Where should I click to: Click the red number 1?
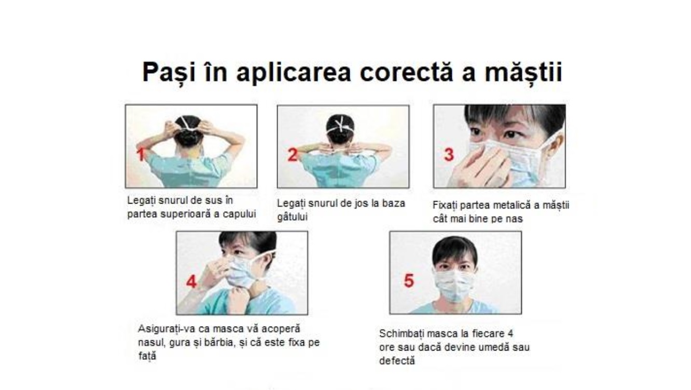tap(141, 154)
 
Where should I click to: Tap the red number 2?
tap(293, 155)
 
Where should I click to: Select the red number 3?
tap(449, 155)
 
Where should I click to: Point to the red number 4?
tap(191, 281)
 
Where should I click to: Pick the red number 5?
tap(409, 281)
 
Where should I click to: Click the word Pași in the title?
tap(169, 73)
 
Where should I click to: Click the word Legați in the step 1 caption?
tap(141, 201)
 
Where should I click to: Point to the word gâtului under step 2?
tap(292, 217)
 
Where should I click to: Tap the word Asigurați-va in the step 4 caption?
tap(167, 329)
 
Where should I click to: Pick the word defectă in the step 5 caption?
tap(397, 361)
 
